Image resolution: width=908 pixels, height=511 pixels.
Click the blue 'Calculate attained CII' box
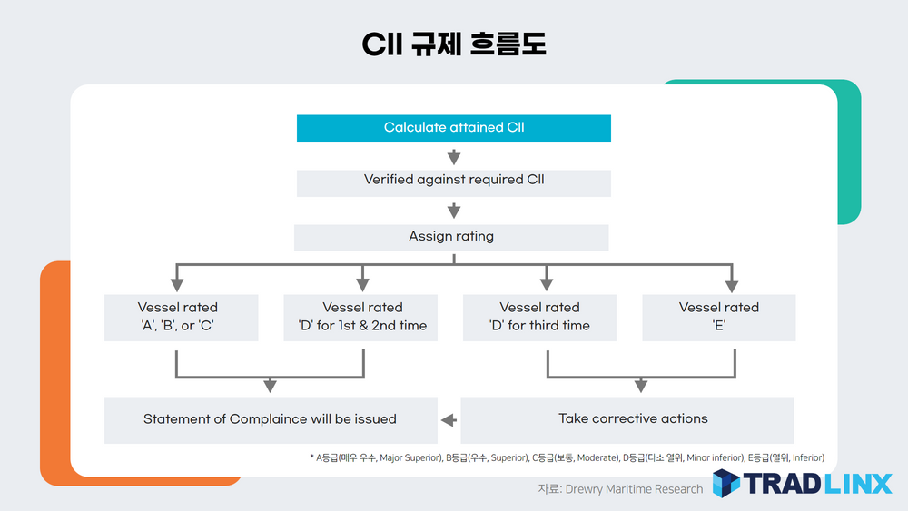click(454, 128)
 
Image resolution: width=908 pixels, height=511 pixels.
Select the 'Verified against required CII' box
click(454, 181)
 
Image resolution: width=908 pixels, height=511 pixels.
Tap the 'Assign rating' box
click(451, 237)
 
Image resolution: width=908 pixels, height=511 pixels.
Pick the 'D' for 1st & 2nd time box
click(362, 317)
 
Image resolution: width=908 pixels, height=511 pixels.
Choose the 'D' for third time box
click(539, 317)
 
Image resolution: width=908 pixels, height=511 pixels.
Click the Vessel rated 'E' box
click(719, 317)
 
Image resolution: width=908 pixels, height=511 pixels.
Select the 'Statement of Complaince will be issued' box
click(270, 419)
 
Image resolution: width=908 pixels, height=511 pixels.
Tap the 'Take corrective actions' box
click(633, 419)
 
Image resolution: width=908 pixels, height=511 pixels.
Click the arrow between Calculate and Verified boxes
click(454, 156)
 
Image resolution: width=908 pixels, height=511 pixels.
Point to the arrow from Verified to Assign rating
click(454, 211)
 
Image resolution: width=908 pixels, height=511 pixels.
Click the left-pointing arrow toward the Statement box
click(449, 420)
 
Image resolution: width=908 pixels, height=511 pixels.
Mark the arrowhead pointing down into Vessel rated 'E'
click(731, 283)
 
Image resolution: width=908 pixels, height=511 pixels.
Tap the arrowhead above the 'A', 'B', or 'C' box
click(176, 283)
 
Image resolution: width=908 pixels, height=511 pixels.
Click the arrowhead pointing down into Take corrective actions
click(641, 386)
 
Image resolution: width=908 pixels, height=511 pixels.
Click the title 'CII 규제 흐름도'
click(454, 44)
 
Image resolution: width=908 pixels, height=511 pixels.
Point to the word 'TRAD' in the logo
click(780, 484)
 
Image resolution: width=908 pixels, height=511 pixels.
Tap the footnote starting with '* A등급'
click(567, 458)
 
